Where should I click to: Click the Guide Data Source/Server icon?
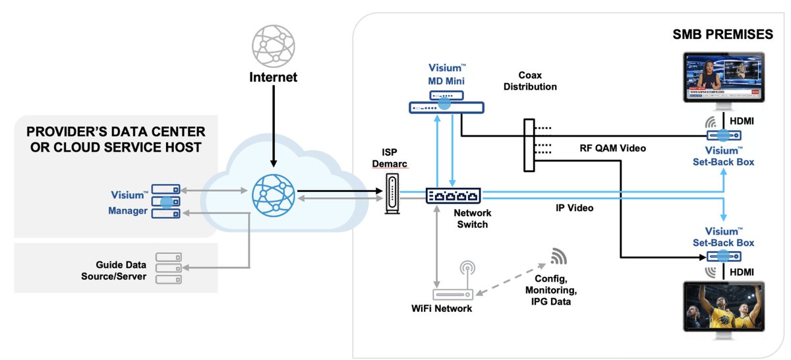pos(169,268)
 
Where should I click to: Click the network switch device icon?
pos(453,196)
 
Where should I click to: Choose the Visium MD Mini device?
pos(446,104)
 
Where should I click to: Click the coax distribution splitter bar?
pos(529,145)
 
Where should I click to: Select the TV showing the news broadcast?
pos(724,79)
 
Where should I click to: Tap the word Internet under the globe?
pos(272,78)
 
